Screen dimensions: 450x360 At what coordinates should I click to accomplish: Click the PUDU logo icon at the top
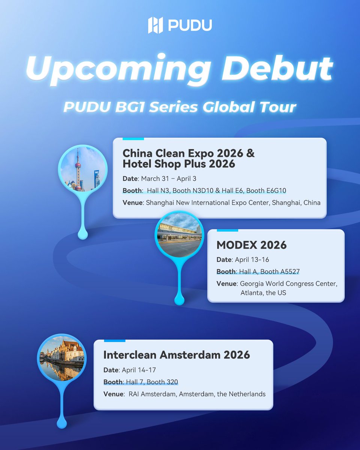coord(156,25)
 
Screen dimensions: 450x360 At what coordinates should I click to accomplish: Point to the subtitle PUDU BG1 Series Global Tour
coord(180,107)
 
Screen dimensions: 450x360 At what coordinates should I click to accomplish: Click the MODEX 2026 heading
coord(251,245)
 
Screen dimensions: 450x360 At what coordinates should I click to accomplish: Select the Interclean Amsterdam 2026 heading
coord(176,354)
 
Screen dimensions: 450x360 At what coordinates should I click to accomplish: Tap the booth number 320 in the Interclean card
coord(172,382)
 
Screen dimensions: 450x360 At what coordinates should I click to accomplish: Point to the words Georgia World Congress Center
coord(288,283)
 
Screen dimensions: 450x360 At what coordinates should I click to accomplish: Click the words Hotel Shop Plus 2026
coord(179,163)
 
